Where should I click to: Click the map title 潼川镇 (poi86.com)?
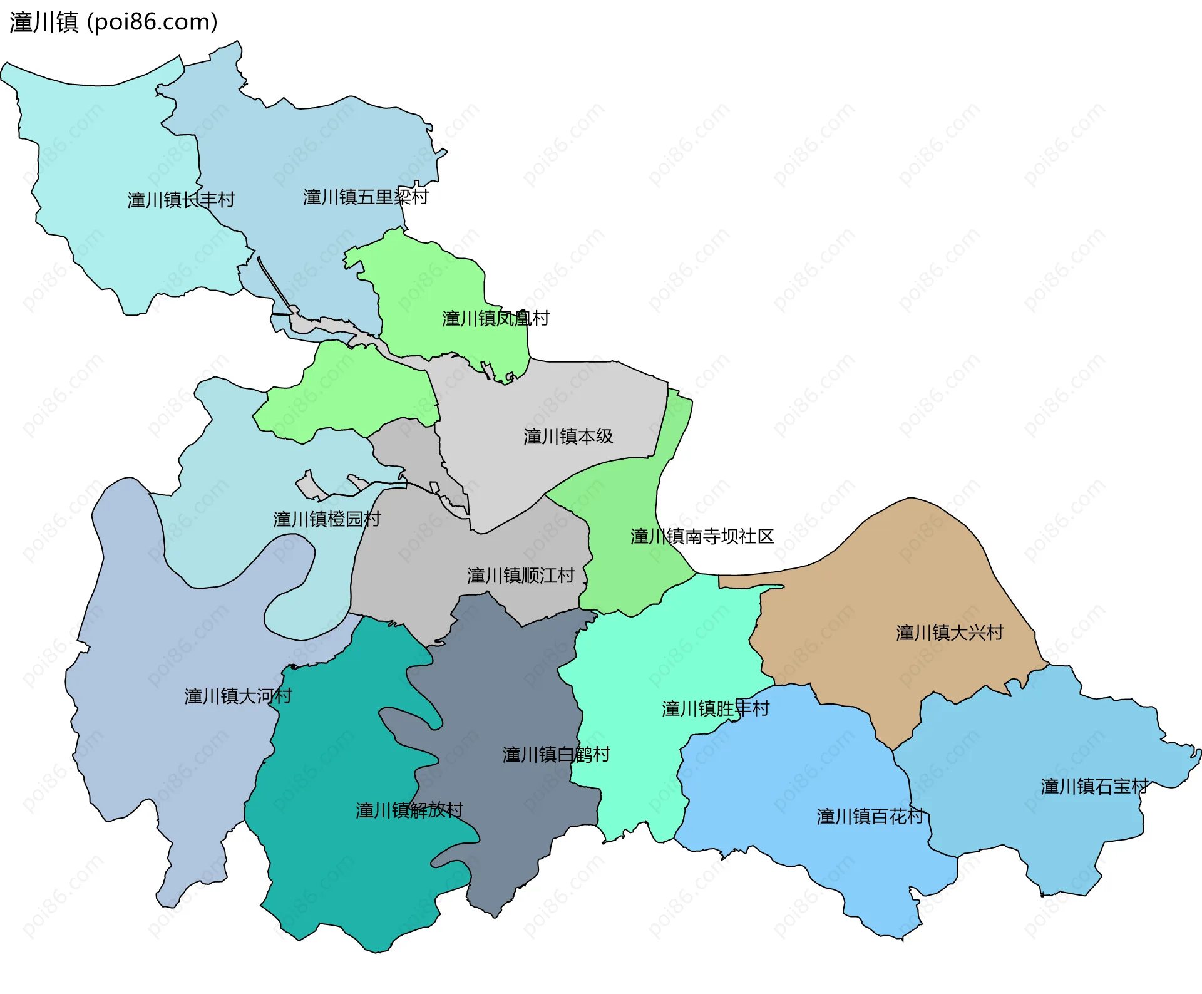[x=113, y=23]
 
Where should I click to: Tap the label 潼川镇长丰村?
[x=181, y=200]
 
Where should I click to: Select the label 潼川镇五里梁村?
[x=366, y=197]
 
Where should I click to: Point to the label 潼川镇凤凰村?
[x=495, y=319]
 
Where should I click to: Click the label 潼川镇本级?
[x=568, y=437]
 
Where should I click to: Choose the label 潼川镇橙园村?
[x=326, y=519]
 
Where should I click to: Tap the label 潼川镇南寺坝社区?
[x=702, y=537]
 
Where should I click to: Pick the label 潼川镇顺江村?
[x=520, y=576]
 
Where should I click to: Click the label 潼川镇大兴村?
[x=949, y=633]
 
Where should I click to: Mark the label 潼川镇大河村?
[x=238, y=696]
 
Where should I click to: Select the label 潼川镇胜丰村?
[x=715, y=708]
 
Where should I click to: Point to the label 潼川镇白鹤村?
[x=556, y=755]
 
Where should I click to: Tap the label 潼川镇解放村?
[x=409, y=810]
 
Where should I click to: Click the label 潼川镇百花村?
[x=870, y=817]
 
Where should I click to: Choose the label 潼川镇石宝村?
[x=1094, y=787]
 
